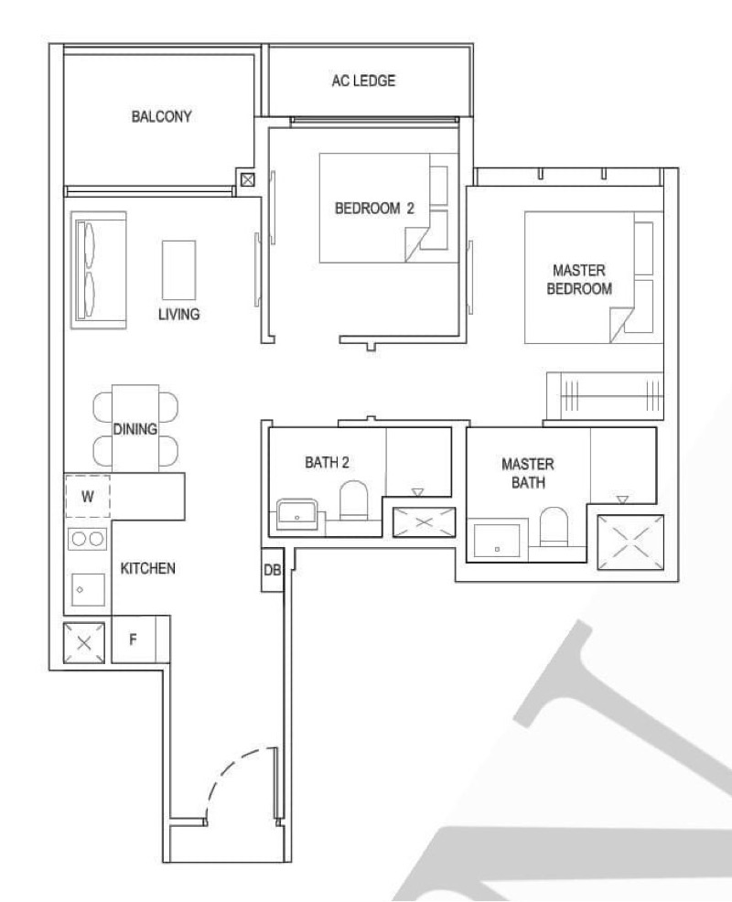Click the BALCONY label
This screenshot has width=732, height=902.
(x=161, y=116)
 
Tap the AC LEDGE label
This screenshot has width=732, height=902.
(x=363, y=81)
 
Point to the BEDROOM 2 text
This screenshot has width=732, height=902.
(x=374, y=209)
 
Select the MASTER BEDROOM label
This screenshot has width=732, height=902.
(x=579, y=280)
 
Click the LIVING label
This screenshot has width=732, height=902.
(x=179, y=314)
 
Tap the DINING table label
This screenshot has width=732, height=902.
(x=135, y=429)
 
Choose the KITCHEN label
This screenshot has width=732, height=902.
(x=148, y=568)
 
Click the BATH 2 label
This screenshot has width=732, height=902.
(x=327, y=462)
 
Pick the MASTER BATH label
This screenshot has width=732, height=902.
(x=528, y=473)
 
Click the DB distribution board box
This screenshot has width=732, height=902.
(x=272, y=570)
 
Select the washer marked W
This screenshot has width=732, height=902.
(x=88, y=497)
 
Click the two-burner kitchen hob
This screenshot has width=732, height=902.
(x=88, y=539)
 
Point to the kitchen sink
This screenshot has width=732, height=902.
(x=88, y=590)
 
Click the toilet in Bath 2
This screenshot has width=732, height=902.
(x=353, y=500)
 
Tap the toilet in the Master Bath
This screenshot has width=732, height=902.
(x=554, y=526)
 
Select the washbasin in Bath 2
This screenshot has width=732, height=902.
(x=297, y=515)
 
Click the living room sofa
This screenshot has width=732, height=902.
(x=99, y=271)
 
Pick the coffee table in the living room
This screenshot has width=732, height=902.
(x=179, y=271)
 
